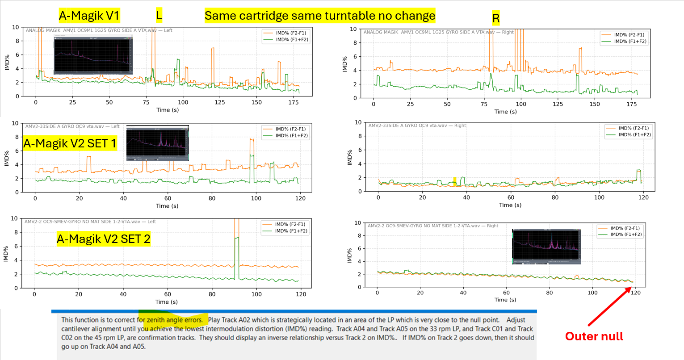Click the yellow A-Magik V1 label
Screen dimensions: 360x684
(89, 16)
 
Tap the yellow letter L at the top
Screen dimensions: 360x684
(159, 15)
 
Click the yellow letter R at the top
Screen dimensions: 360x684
(496, 18)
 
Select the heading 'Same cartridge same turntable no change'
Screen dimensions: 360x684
(320, 16)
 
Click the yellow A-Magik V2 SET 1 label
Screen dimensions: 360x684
(70, 143)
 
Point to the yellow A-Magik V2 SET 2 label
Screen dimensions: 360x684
(103, 239)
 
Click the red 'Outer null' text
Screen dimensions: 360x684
(594, 336)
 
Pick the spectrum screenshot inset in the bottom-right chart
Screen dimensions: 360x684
(546, 247)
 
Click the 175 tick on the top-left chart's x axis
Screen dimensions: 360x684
(293, 102)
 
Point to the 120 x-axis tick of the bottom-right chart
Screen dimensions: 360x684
(635, 293)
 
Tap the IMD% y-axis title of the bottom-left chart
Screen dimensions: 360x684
(6, 253)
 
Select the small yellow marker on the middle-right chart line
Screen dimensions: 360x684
(455, 181)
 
